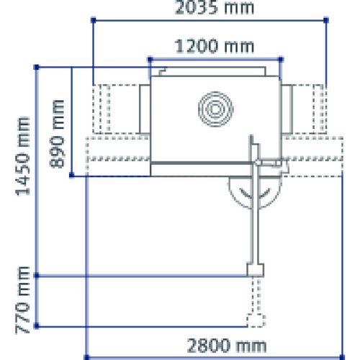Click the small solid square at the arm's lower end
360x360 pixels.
coord(253,270)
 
